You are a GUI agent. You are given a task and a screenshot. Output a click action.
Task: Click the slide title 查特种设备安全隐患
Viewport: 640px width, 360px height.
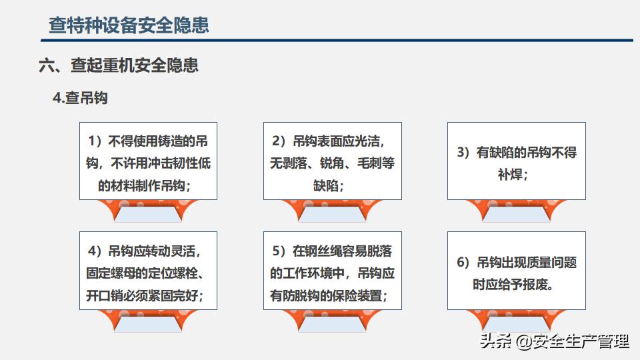pos(129,25)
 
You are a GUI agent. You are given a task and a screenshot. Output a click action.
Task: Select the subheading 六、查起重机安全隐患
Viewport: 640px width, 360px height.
pos(119,65)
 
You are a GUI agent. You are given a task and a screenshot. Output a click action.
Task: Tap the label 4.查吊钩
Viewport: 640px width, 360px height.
pos(81,98)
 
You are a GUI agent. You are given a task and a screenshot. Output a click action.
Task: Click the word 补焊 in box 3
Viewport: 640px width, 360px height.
pos(510,175)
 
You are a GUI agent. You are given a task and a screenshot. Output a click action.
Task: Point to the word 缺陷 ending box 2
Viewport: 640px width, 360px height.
pos(326,186)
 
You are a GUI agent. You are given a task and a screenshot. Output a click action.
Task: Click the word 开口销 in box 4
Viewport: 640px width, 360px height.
pos(105,295)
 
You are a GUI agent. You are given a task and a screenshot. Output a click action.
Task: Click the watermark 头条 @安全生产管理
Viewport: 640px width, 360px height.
pos(554,341)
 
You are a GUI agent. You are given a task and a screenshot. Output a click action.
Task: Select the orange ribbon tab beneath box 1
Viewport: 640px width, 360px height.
pos(148,211)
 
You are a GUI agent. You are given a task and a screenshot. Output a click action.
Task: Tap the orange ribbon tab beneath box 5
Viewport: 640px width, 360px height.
pos(332,321)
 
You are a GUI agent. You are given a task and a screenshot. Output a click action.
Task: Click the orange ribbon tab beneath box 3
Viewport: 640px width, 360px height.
pos(516,211)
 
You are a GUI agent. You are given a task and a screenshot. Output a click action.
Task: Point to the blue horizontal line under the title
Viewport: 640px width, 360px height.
pos(337,41)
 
